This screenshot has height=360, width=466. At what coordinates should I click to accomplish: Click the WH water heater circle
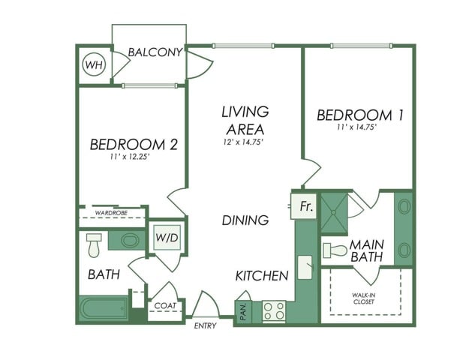click(94, 64)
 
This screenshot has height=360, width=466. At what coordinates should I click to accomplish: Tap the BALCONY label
click(155, 52)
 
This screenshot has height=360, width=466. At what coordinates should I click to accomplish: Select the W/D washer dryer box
click(167, 238)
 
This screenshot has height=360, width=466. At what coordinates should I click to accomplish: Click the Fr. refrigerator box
click(304, 206)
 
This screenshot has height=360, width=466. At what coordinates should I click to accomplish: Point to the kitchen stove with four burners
click(274, 310)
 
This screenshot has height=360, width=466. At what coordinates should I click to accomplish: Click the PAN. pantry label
click(243, 312)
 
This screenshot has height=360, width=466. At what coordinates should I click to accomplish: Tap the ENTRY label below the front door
click(205, 325)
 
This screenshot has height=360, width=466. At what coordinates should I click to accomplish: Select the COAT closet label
click(165, 306)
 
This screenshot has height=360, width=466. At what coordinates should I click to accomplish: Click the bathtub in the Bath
click(104, 308)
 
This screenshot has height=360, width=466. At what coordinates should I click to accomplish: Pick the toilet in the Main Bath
click(335, 250)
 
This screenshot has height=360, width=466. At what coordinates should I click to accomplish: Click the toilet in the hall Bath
click(94, 245)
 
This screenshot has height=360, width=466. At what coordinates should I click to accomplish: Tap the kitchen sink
click(305, 267)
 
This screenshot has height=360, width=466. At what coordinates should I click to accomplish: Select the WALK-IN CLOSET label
click(363, 298)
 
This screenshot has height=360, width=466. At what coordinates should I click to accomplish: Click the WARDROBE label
click(111, 213)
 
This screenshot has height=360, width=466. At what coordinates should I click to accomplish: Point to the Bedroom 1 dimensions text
click(356, 127)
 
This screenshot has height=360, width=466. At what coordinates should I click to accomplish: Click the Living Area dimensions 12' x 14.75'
click(243, 142)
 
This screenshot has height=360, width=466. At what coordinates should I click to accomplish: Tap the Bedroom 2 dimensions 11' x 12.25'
click(129, 157)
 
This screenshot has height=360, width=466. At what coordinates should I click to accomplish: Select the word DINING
click(245, 220)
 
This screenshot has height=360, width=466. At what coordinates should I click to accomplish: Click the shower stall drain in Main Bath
click(334, 213)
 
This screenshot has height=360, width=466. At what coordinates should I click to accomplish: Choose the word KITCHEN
click(262, 276)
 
